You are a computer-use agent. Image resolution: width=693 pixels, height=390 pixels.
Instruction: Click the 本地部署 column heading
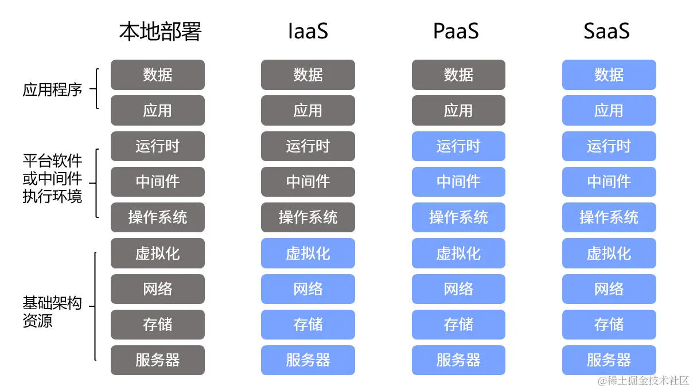(x=160, y=32)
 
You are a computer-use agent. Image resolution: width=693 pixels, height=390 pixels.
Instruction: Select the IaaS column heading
(x=308, y=32)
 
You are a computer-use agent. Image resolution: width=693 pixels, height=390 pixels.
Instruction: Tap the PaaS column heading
(x=456, y=32)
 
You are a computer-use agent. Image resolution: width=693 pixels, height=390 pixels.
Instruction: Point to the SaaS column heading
(x=606, y=32)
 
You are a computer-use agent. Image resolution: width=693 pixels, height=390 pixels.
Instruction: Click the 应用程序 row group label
(x=52, y=90)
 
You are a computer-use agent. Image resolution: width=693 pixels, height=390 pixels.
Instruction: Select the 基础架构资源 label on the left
(x=52, y=311)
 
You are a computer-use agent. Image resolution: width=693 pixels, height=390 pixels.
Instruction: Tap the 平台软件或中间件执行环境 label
(x=52, y=178)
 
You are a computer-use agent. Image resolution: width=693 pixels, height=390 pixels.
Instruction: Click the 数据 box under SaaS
(x=609, y=75)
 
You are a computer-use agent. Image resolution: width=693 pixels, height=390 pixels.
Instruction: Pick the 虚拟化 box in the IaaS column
(x=308, y=253)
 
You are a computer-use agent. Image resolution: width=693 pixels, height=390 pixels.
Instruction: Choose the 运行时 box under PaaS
(x=458, y=146)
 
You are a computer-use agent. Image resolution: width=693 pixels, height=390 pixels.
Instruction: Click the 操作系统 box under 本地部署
(x=158, y=217)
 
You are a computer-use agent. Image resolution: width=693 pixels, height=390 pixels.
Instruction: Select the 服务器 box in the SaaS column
(x=609, y=360)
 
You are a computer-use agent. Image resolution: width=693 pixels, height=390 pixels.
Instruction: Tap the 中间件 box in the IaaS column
(x=308, y=182)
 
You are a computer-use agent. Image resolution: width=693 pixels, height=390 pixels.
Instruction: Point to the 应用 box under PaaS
(x=458, y=111)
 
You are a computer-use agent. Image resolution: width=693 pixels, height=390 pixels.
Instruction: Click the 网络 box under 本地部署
(x=158, y=289)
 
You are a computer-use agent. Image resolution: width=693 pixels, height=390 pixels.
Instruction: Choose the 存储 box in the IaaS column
(x=308, y=325)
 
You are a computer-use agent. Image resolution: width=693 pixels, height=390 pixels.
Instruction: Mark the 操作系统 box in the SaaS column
(x=609, y=217)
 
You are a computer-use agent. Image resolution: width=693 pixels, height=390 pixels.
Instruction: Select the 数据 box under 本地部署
(x=158, y=75)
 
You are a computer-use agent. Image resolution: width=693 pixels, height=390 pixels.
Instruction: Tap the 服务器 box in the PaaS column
(x=458, y=360)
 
